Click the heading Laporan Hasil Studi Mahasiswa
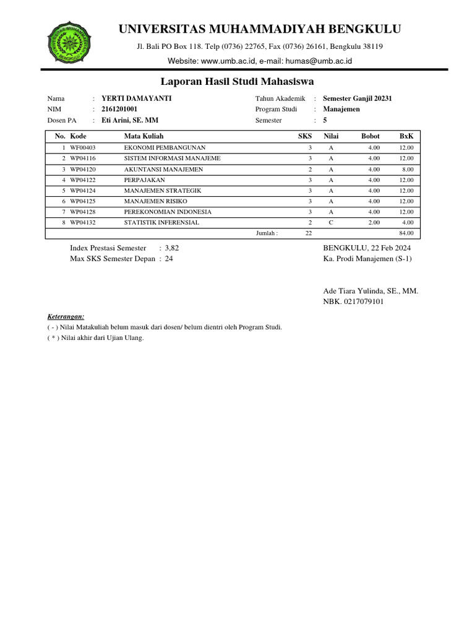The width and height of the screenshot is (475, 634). tap(237, 82)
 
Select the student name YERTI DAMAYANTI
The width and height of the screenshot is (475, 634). tap(136, 98)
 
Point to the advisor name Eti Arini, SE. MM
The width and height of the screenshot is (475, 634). tap(129, 121)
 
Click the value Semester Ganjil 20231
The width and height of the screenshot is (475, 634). tap(357, 98)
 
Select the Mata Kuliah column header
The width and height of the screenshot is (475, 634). tap(144, 136)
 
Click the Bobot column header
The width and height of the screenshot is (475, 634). tap(370, 136)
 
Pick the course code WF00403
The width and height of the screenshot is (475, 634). tap(83, 148)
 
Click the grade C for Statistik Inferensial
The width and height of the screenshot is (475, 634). tap(331, 223)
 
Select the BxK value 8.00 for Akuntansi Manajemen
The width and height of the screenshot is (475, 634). tap(407, 169)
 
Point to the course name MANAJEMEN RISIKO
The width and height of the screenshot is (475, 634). tap(155, 201)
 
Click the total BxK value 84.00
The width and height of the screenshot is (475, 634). tap(406, 233)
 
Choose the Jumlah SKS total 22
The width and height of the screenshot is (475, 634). tap(309, 233)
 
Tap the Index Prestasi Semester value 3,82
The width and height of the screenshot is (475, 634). tap(172, 248)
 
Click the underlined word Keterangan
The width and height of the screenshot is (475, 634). tap(66, 316)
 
